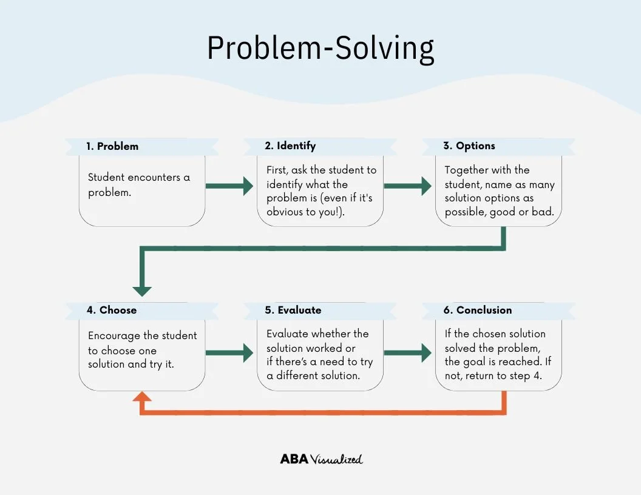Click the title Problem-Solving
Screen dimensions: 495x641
[x=320, y=49]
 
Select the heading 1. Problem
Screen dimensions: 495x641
[x=112, y=146]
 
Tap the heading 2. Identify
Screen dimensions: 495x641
[x=290, y=146]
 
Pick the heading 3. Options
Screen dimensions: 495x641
[x=469, y=146]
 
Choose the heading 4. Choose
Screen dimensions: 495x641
[x=112, y=310]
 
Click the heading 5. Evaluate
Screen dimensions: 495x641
[x=293, y=310]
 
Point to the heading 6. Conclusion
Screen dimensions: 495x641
[x=478, y=310]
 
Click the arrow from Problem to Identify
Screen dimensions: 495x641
[x=229, y=186]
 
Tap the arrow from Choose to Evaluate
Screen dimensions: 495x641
[x=229, y=352]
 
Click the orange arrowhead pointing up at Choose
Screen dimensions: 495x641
[x=142, y=397]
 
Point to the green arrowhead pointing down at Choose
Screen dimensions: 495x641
[x=142, y=289]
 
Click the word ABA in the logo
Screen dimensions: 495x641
[x=294, y=459]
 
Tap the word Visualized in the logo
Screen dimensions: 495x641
[x=337, y=459]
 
